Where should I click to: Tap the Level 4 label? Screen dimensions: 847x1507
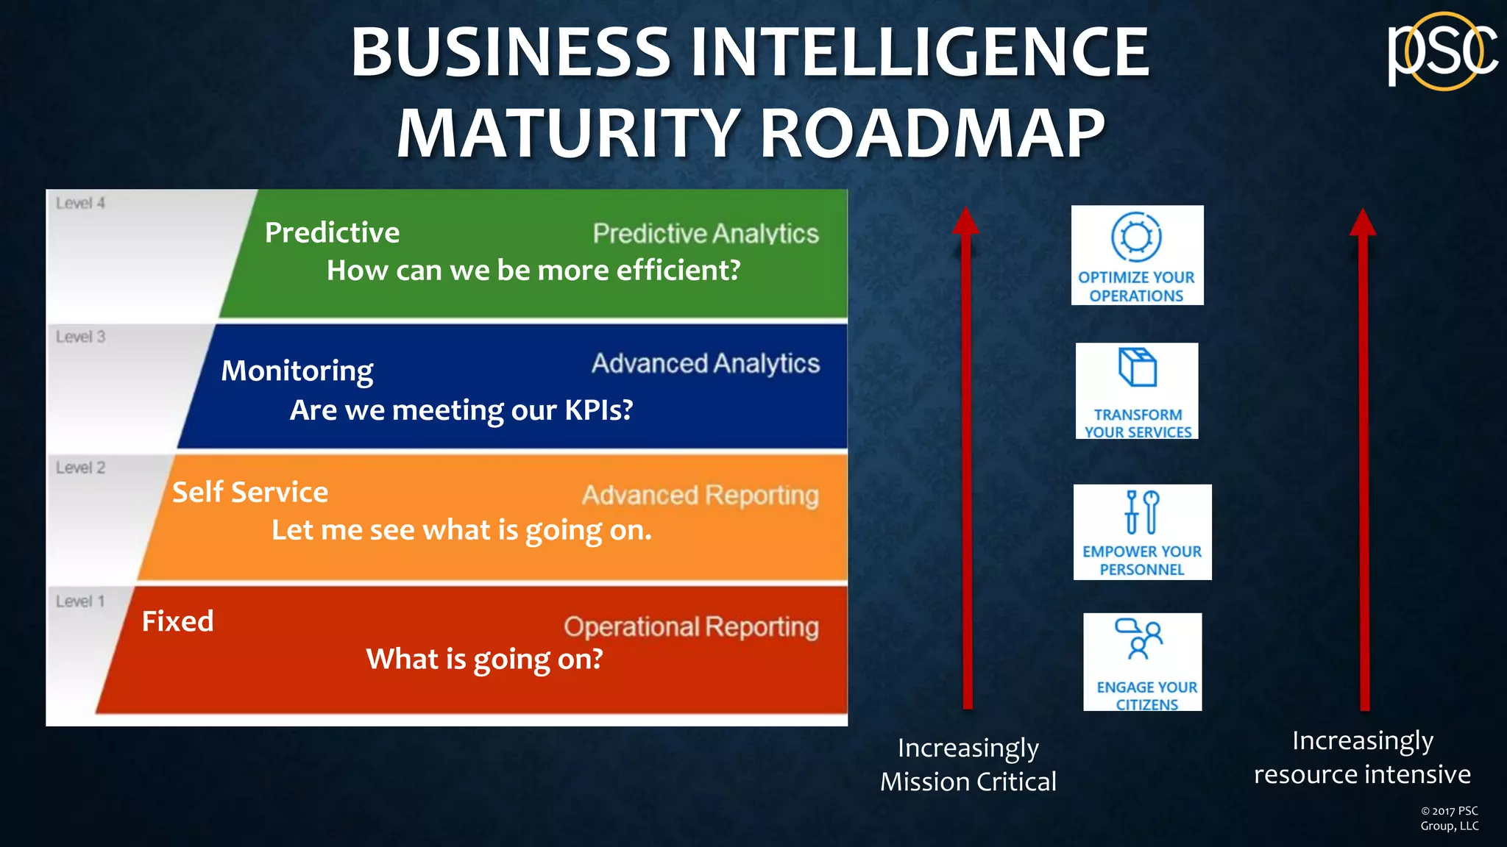tap(80, 203)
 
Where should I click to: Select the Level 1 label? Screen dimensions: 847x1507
tap(80, 601)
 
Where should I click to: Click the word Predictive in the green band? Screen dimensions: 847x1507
tap(332, 232)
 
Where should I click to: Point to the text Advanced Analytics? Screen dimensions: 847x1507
tap(705, 363)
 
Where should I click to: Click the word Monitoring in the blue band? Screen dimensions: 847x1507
tap(297, 371)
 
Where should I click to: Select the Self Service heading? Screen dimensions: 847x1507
tap(250, 492)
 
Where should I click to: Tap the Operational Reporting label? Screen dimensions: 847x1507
tap(691, 626)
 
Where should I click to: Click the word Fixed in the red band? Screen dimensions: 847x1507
tap(177, 621)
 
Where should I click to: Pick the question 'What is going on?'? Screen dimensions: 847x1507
tap(484, 659)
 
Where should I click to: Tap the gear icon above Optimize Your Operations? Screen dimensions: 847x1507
tap(1136, 237)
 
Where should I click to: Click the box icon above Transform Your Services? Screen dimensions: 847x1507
tap(1138, 367)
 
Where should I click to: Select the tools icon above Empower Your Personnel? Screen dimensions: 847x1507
tap(1142, 512)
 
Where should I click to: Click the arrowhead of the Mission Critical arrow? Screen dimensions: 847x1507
tap(966, 221)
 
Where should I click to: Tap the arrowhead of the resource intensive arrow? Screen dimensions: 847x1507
tap(1363, 222)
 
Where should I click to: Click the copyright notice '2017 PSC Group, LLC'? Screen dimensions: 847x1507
tap(1449, 818)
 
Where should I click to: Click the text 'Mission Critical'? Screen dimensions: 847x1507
tap(968, 782)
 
